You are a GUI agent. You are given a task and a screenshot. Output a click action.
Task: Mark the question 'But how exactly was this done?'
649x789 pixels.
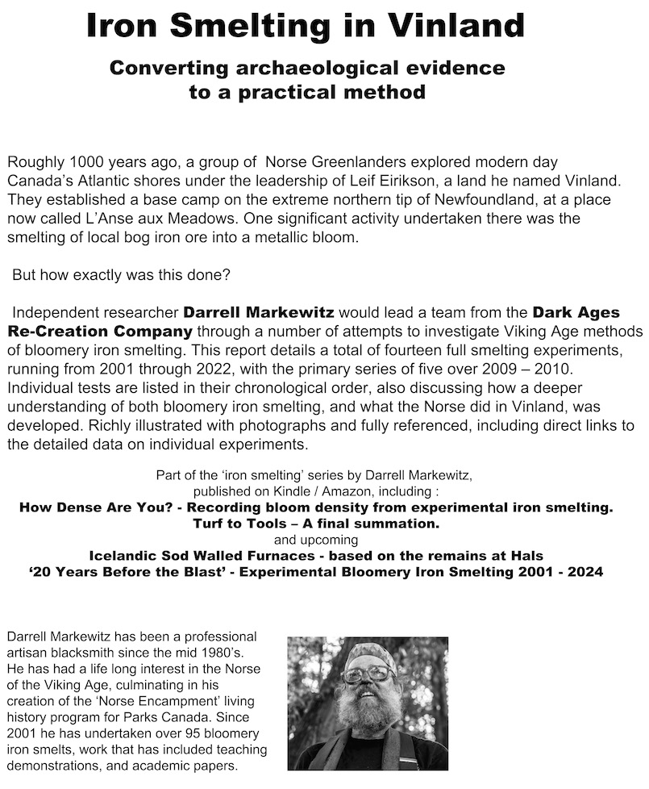click(122, 274)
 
